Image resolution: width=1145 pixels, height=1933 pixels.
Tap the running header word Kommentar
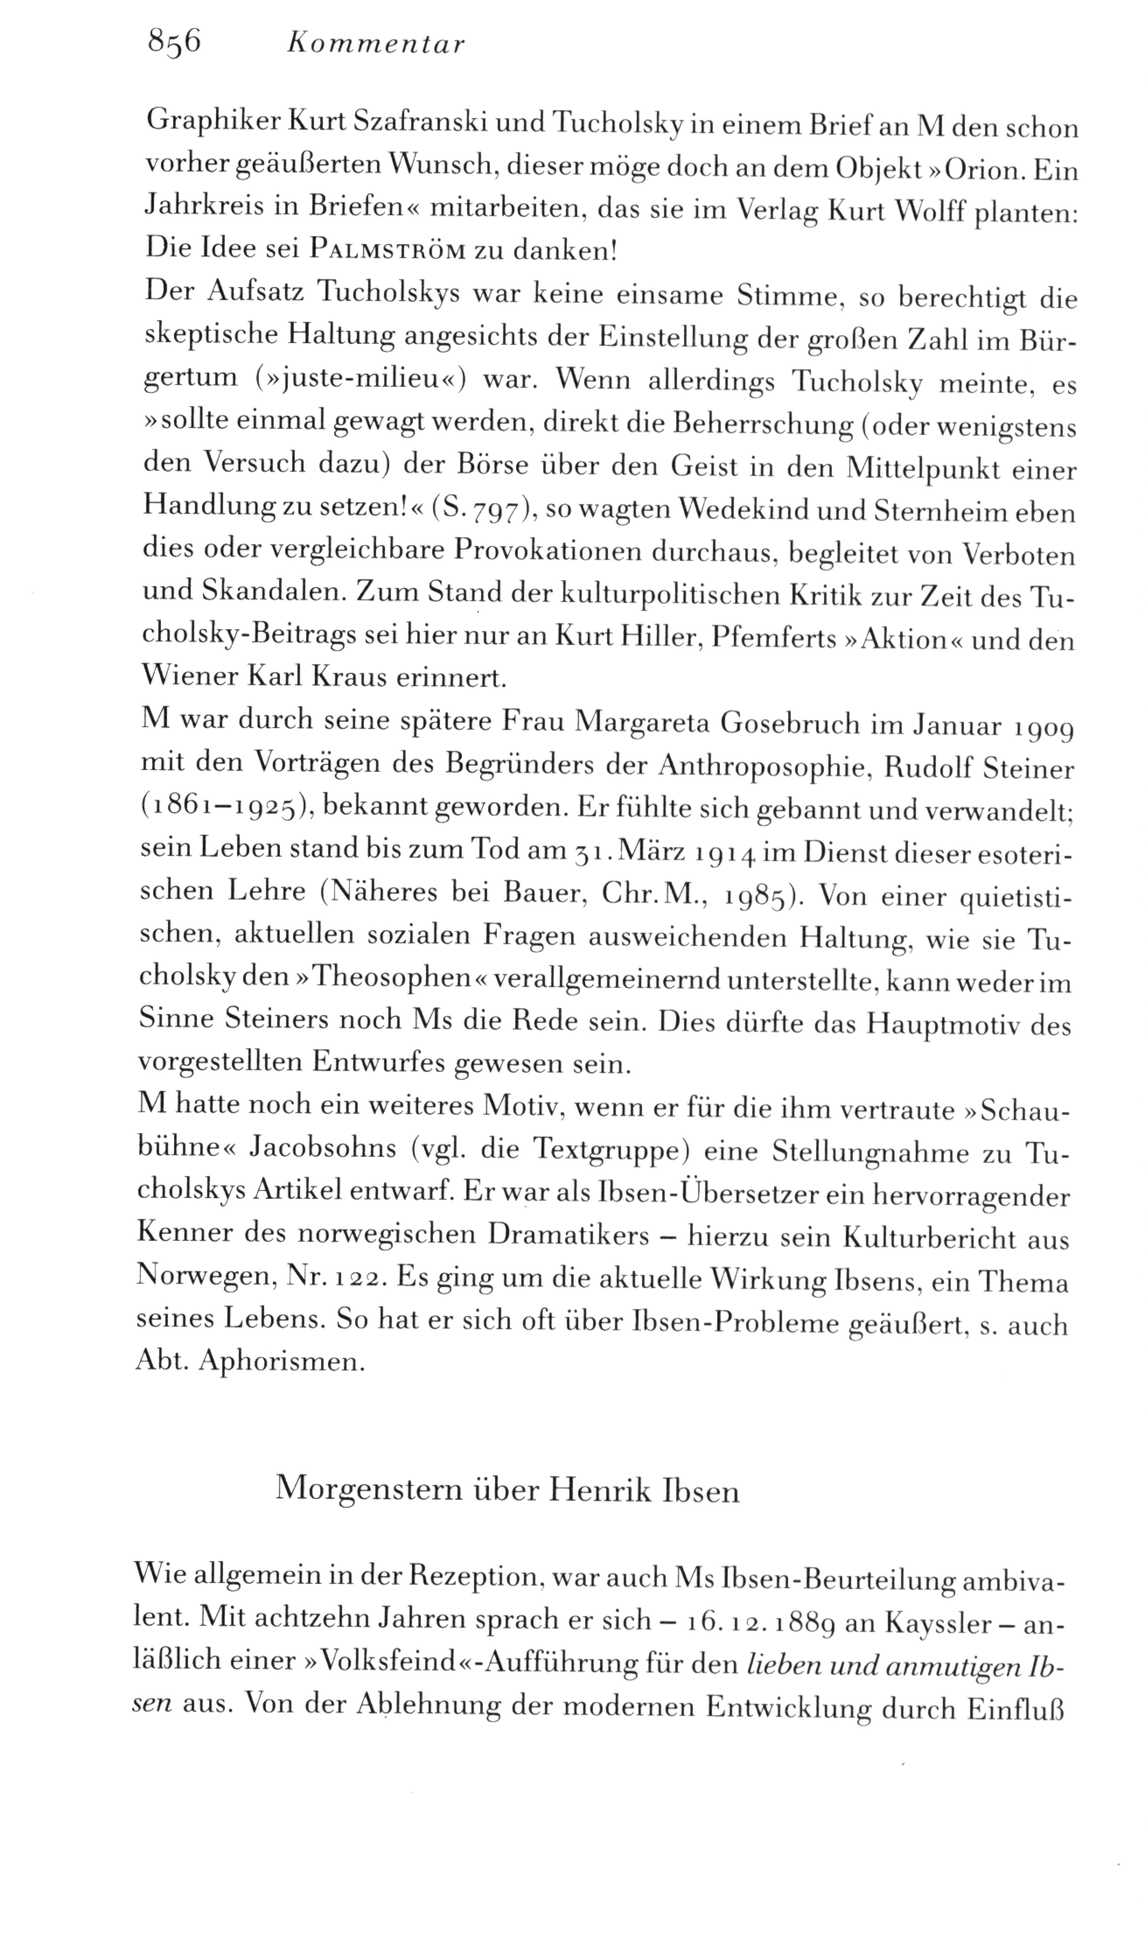tap(376, 45)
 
